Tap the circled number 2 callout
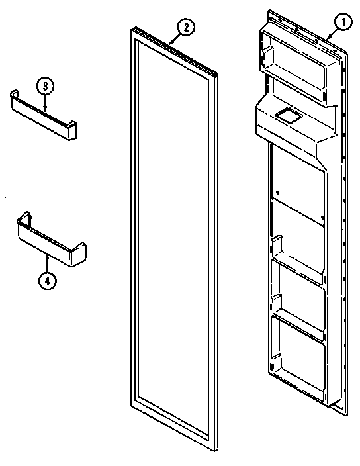point(186,27)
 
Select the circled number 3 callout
point(45,87)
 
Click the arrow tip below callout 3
point(45,110)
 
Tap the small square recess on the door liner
point(287,117)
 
